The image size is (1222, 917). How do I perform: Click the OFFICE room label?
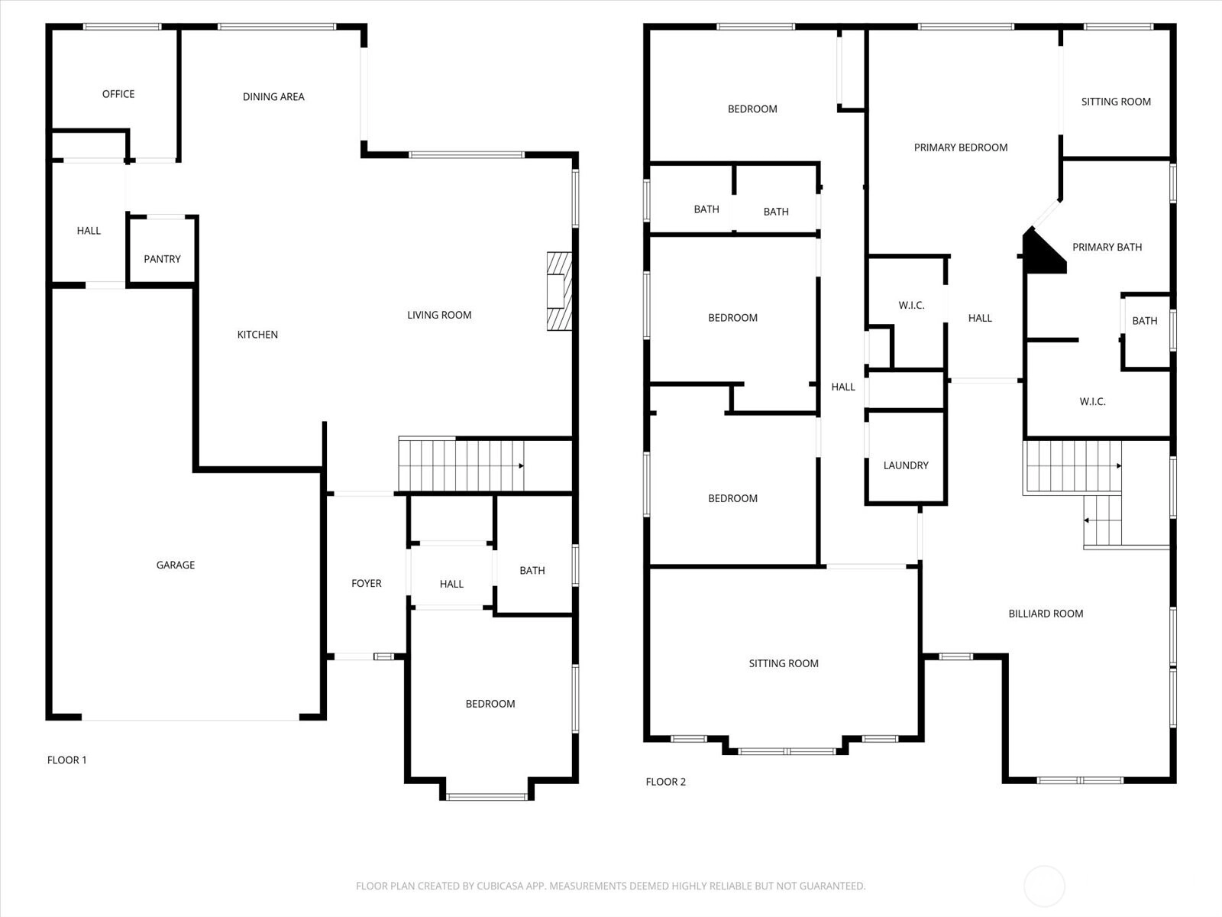118,94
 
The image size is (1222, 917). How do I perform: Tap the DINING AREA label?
273,97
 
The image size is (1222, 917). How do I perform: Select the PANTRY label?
162,259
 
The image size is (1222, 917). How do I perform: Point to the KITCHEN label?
257,335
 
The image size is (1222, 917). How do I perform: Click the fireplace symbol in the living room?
559,291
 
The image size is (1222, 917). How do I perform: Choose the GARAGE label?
176,565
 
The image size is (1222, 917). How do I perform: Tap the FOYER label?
367,584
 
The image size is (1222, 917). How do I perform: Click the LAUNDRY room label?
906,465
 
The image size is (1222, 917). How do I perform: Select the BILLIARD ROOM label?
1046,614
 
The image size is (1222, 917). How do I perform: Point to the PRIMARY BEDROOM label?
960,147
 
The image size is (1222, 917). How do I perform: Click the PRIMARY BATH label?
1107,247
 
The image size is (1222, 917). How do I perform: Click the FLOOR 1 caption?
66,760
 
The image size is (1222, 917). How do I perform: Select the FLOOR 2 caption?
665,782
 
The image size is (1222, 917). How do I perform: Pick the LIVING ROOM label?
439,315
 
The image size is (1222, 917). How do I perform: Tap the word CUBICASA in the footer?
499,886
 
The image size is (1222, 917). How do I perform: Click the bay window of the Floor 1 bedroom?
487,797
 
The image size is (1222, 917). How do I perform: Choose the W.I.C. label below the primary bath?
1092,401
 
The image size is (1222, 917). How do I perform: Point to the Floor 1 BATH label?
532,571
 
